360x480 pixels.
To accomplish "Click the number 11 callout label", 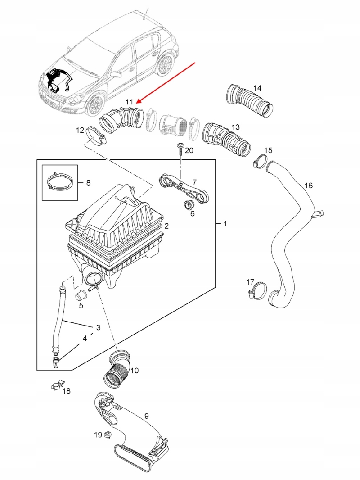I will coord(129,102).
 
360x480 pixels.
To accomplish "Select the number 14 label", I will coord(257,88).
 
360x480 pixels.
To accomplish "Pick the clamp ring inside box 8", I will coord(60,183).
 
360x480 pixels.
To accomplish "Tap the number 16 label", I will coord(308,185).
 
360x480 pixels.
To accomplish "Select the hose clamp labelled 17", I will coord(256,290).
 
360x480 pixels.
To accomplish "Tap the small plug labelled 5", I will coord(81,295).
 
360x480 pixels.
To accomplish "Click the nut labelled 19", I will coord(108,435).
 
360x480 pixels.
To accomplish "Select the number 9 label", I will coord(146,416).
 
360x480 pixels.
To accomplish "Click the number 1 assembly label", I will coord(225,223).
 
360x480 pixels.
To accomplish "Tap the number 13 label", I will coord(235,127).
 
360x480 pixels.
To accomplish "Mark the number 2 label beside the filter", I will coord(166,226).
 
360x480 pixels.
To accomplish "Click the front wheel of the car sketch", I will coord(95,106).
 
